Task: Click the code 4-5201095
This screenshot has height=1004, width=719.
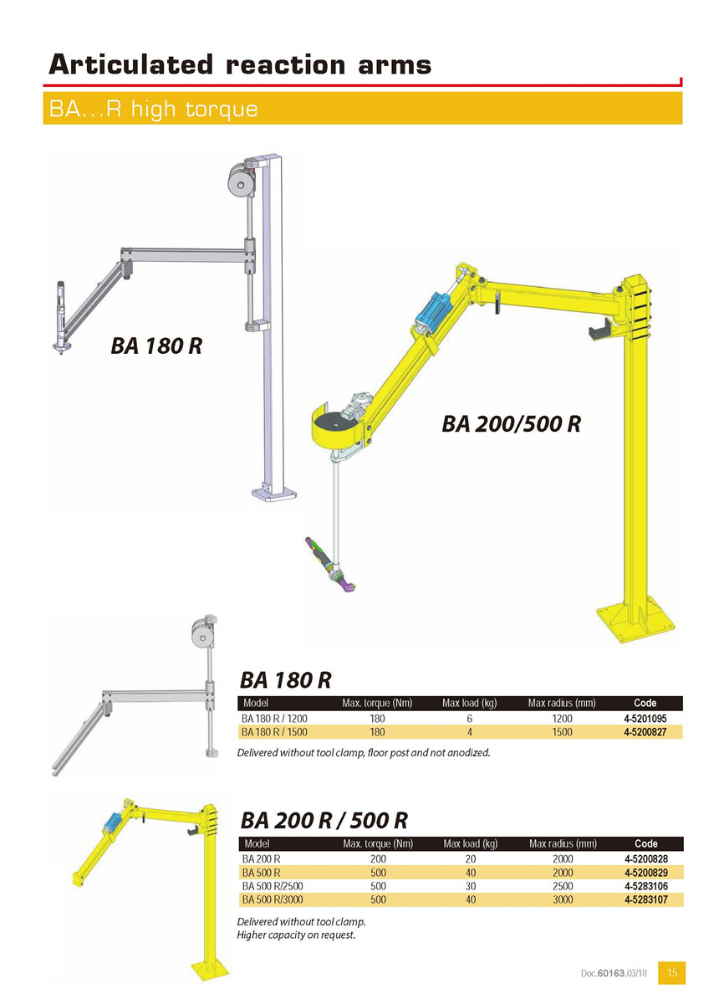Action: click(645, 719)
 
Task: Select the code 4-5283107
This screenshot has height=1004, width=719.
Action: click(646, 899)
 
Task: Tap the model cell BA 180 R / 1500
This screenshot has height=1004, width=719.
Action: click(274, 732)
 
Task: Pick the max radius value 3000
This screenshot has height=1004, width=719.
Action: click(563, 899)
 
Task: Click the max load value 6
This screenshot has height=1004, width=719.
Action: click(470, 719)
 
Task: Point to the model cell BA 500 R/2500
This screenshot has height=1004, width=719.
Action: click(273, 886)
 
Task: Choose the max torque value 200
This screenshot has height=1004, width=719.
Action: click(378, 858)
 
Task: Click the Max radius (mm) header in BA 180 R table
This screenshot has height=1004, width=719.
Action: click(562, 704)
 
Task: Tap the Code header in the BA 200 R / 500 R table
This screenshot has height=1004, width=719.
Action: click(646, 843)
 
